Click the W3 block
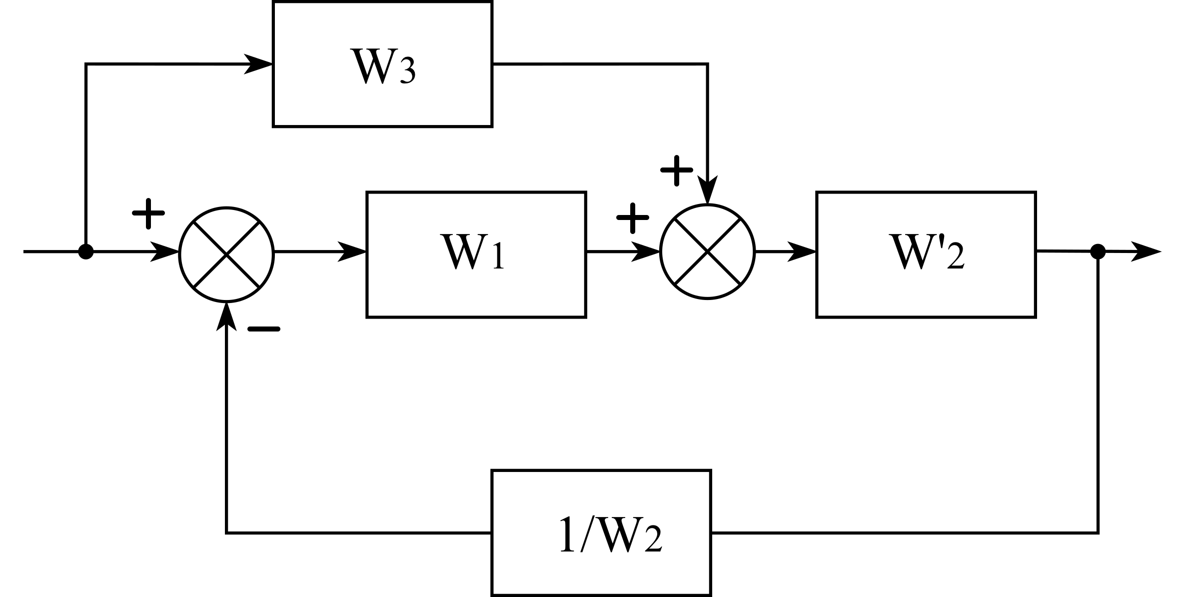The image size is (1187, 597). (382, 64)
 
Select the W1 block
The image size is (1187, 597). (476, 254)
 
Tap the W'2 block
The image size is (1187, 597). (926, 254)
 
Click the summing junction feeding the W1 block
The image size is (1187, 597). (226, 254)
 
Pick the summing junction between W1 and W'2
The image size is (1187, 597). (707, 251)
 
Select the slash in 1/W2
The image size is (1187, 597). (586, 536)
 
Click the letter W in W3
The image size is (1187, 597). (372, 66)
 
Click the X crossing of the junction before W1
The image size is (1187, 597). (226, 254)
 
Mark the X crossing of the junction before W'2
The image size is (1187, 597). (707, 251)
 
